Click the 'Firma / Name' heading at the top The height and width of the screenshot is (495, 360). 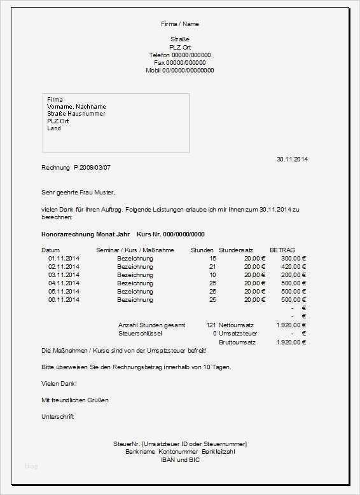[180, 24]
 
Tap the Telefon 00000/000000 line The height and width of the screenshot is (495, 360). [180, 55]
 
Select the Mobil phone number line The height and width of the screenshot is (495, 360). [180, 70]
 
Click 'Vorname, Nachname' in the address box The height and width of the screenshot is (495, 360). [76, 107]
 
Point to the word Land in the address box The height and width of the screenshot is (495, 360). [54, 128]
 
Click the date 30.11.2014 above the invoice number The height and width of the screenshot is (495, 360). [292, 159]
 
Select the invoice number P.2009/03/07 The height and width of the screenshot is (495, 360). [92, 167]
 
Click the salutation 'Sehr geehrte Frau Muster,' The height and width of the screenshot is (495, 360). [78, 192]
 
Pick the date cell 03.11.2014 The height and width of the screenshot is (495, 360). [64, 275]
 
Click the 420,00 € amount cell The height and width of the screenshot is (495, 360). [294, 267]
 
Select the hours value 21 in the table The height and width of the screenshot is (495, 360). [212, 267]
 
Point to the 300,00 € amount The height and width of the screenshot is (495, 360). [294, 259]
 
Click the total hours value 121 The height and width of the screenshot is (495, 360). [211, 325]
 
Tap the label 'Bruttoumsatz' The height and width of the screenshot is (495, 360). [237, 342]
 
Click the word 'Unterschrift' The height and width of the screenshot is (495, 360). [58, 417]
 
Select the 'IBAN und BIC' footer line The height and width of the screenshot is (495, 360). [180, 459]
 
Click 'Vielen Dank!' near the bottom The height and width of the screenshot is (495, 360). [59, 384]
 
